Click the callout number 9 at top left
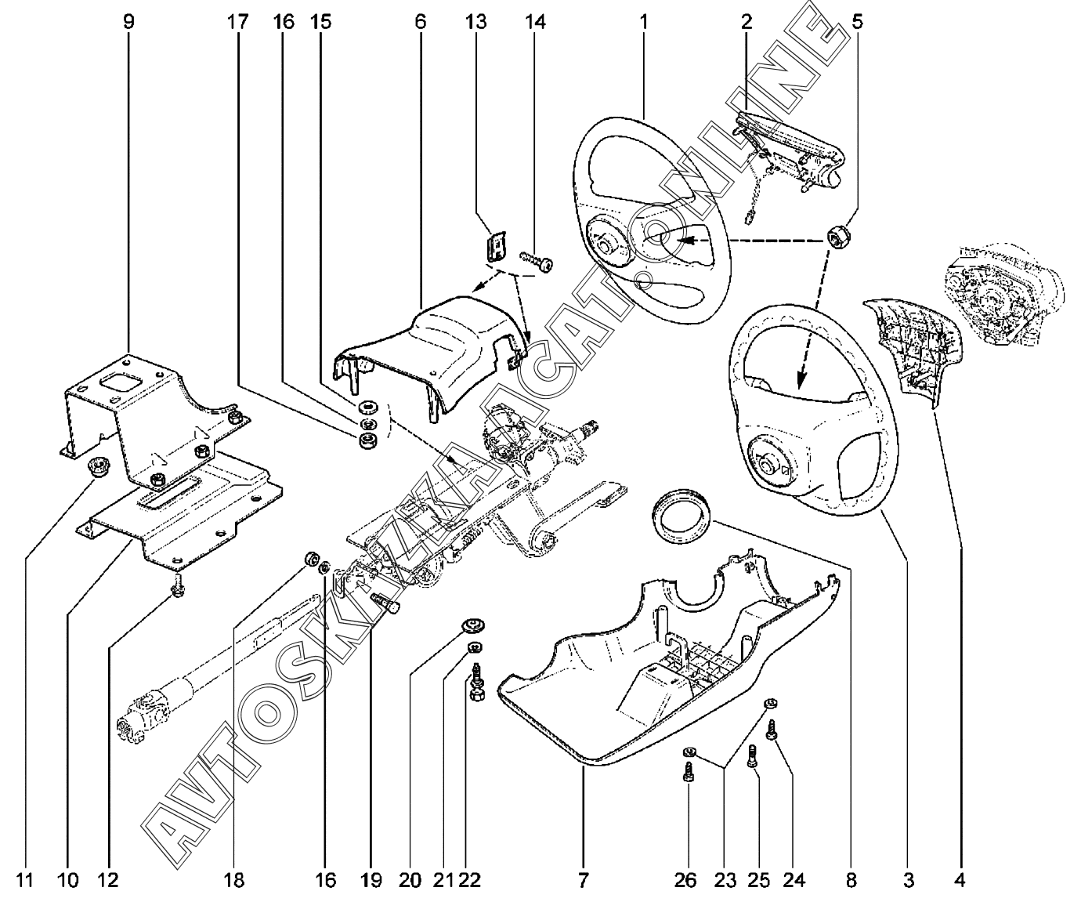coord(128,22)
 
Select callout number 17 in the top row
coord(237,22)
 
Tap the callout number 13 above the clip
coord(475,22)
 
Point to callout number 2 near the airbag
coord(746,22)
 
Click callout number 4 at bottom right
coord(960,880)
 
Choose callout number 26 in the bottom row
coord(685,880)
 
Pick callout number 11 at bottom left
coord(24,880)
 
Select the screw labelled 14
coord(537,261)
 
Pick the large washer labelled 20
coord(472,626)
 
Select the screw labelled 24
coord(772,730)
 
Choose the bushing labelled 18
coord(311,560)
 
